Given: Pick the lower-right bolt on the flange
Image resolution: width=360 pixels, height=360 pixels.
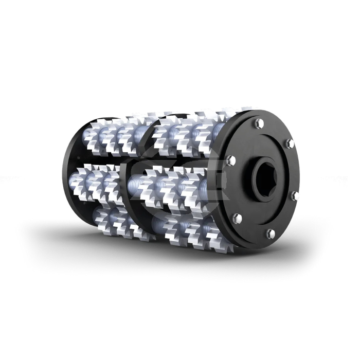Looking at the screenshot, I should click(294, 195).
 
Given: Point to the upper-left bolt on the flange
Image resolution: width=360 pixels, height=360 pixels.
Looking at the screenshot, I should click(231, 159).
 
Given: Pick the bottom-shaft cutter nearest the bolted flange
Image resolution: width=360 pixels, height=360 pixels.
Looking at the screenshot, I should click(213, 231).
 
